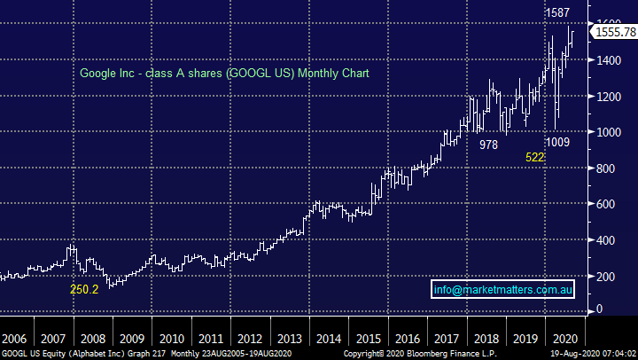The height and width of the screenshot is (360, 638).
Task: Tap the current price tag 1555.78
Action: coord(610,31)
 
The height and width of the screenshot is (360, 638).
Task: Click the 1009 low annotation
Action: coord(557,141)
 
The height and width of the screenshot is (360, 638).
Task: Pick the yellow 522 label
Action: coord(535,157)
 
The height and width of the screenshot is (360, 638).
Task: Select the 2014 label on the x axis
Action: coord(330,339)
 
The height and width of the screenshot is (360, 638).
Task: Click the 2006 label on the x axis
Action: coord(13,339)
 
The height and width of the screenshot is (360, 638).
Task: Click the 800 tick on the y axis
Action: coord(606,168)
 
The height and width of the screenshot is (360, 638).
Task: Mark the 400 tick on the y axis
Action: coord(606,240)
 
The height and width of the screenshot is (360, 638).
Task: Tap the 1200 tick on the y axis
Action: coord(610,97)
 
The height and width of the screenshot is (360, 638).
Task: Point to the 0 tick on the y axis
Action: coord(599,309)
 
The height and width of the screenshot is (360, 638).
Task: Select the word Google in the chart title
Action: coord(99,73)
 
